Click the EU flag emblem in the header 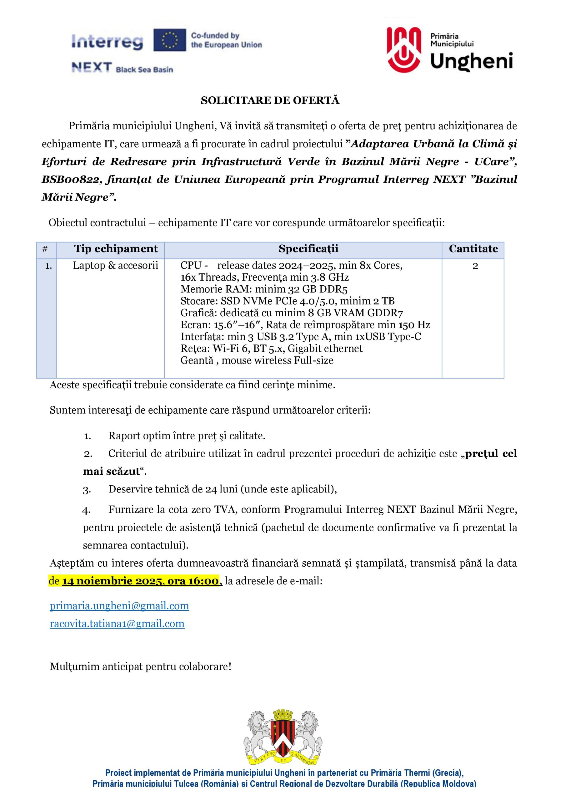[x=170, y=40]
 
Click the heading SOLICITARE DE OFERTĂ [x=270, y=100]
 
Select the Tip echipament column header [x=116, y=249]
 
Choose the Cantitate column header [x=473, y=249]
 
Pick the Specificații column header [x=308, y=249]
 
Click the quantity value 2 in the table [x=475, y=266]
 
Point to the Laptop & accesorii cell [x=115, y=266]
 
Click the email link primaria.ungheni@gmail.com [x=119, y=606]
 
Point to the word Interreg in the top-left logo [x=107, y=42]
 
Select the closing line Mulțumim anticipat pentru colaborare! [x=140, y=667]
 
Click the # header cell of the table [x=45, y=249]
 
